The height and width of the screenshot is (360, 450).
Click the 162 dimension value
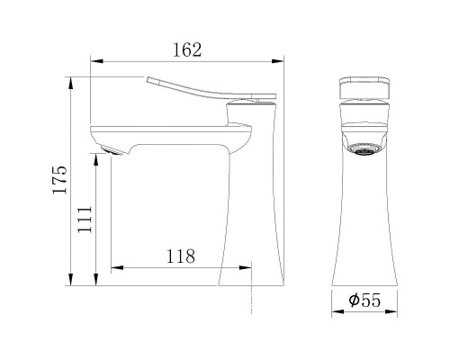tap(185, 50)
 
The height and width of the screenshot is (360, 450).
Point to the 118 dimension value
tap(181, 255)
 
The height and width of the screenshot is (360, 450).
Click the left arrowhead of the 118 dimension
tap(115, 267)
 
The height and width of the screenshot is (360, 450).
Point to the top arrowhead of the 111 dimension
tap(97, 159)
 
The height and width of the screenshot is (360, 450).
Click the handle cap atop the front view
tap(365, 88)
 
